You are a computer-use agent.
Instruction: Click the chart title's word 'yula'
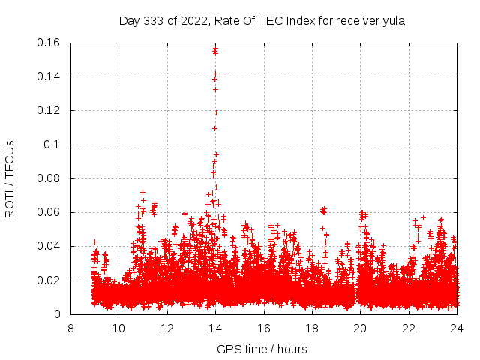click(393, 21)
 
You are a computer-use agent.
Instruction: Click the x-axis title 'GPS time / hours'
click(262, 349)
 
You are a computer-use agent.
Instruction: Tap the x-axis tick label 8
click(70, 328)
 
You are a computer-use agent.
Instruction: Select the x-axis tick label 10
click(118, 328)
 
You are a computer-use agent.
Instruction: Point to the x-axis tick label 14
click(215, 328)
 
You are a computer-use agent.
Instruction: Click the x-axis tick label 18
click(312, 328)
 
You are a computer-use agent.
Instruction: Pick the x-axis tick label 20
click(360, 328)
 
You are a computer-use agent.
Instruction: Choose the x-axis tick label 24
click(457, 328)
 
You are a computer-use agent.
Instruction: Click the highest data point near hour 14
click(215, 49)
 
